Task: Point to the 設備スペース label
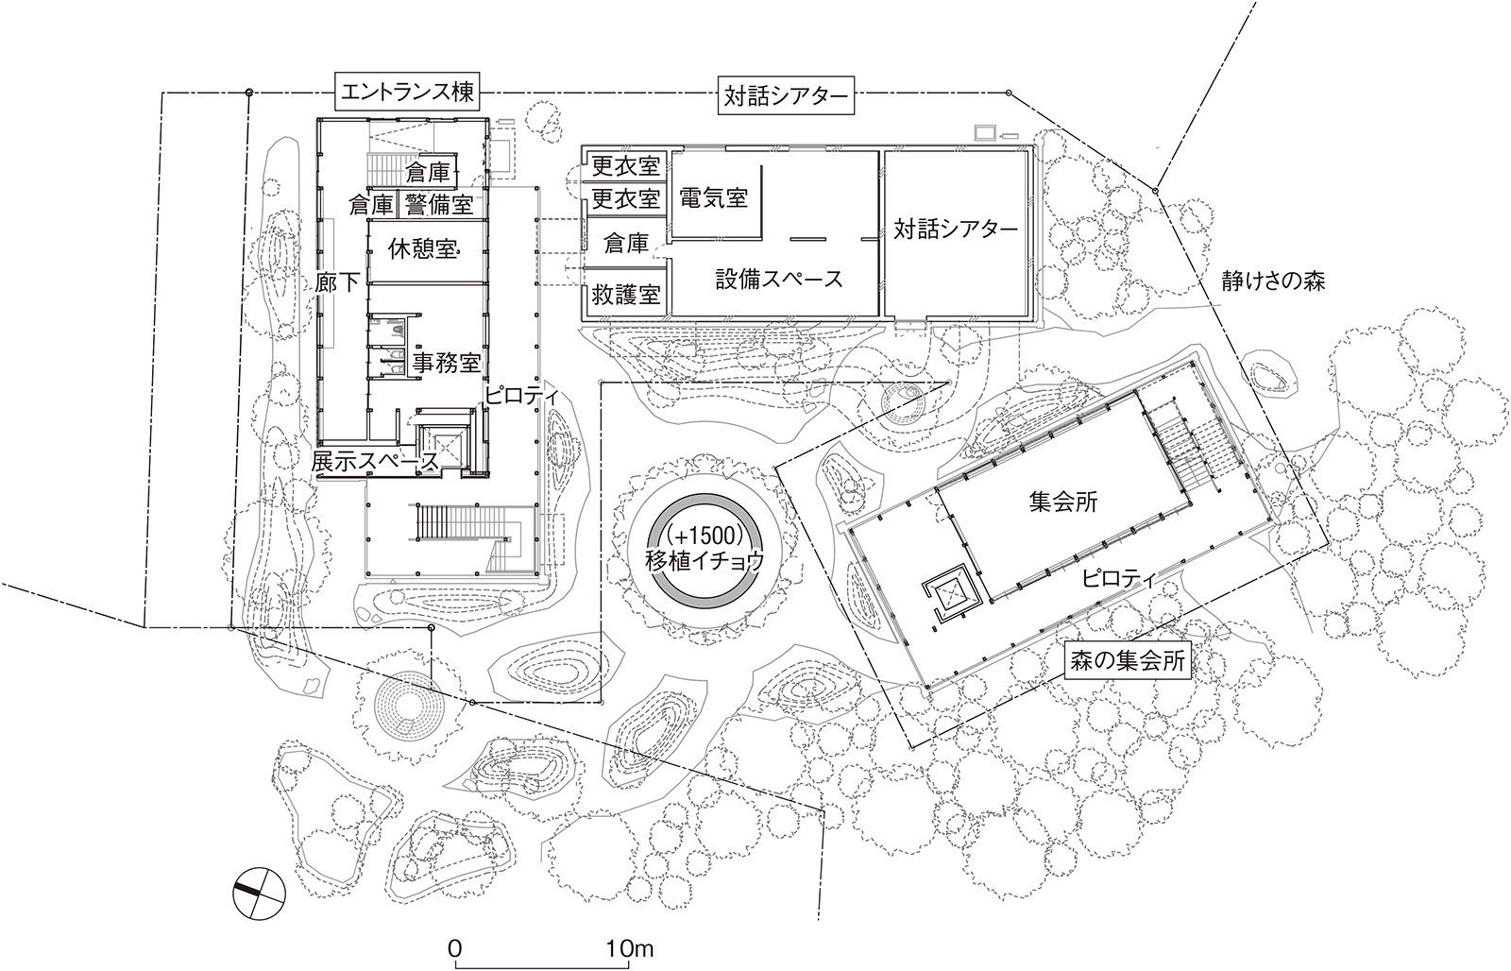pos(778,279)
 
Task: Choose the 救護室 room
pos(625,295)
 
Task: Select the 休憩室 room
pos(424,249)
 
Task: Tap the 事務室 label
pos(447,363)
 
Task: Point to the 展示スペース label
pos(375,462)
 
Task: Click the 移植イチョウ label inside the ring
pos(704,559)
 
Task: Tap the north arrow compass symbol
pos(258,890)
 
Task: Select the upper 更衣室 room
pos(625,166)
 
